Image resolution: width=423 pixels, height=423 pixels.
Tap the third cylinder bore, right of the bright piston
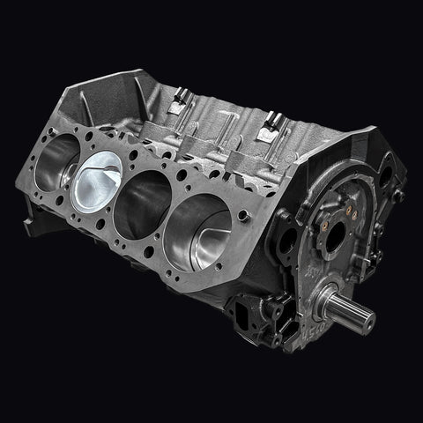tap(143, 202)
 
